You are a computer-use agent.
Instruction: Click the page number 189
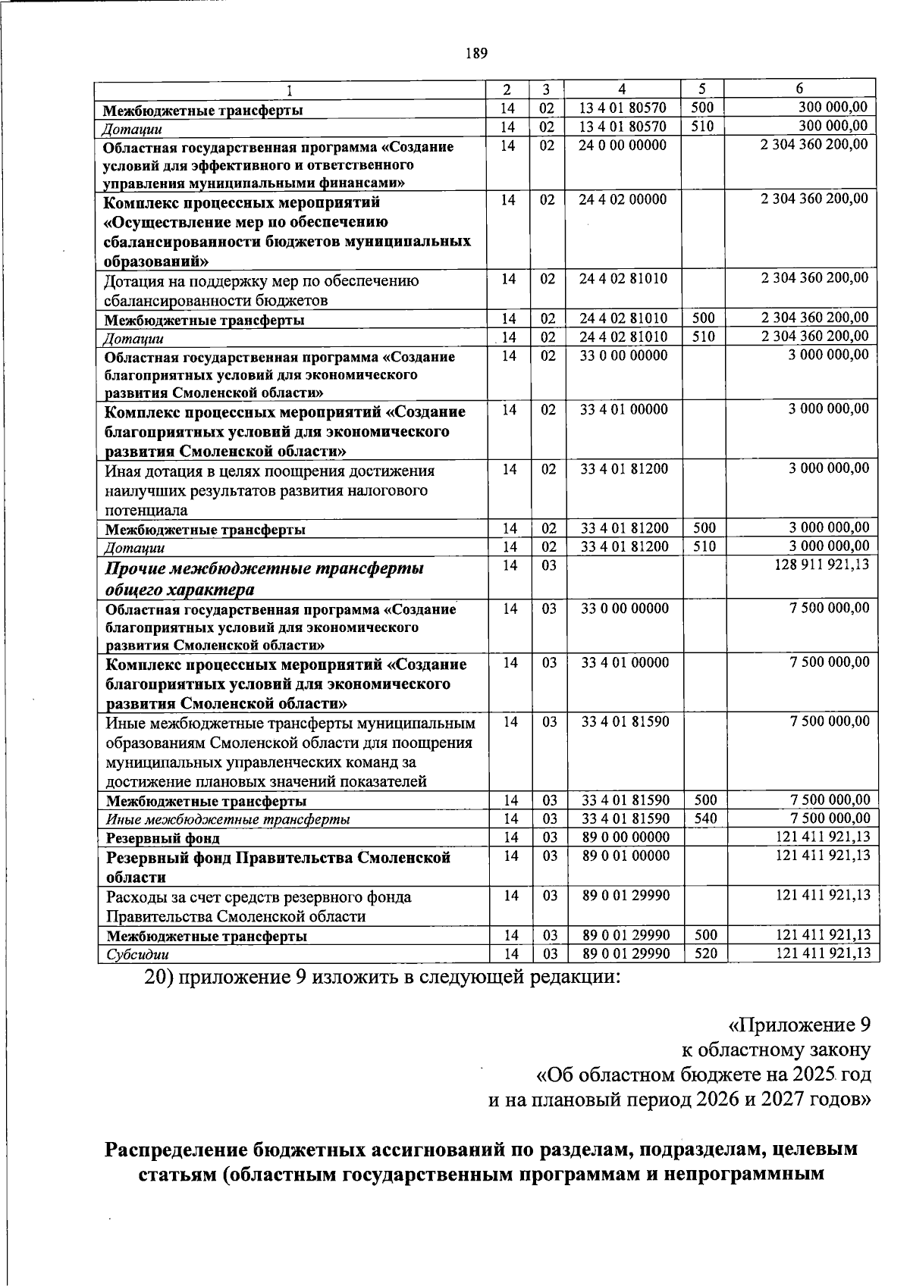point(476,53)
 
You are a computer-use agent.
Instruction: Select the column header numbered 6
point(800,88)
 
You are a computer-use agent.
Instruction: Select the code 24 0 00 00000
point(623,145)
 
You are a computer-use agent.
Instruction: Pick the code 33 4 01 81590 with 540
point(626,819)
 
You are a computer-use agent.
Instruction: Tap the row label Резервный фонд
point(163,839)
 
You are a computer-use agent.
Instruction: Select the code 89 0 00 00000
point(626,837)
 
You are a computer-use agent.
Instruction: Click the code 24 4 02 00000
point(623,199)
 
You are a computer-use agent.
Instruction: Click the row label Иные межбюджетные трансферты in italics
point(228,820)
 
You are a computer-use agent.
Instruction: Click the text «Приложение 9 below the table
point(799,1026)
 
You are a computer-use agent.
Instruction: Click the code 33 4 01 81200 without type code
point(624,470)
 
